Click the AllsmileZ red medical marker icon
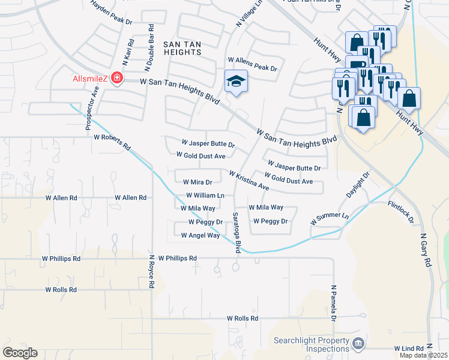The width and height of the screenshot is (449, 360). click(x=115, y=79)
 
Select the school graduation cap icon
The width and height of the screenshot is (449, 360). click(x=236, y=81)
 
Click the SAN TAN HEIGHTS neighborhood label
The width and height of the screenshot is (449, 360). click(x=182, y=48)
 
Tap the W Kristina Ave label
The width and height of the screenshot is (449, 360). click(x=249, y=179)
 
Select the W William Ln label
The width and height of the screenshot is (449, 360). click(x=205, y=195)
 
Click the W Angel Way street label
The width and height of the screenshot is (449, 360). click(x=196, y=235)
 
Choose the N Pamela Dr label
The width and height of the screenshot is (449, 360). click(x=333, y=303)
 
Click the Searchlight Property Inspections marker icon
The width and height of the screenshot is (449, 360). click(x=358, y=343)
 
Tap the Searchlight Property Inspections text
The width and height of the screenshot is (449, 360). click(x=312, y=344)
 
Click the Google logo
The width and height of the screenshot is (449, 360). click(x=20, y=352)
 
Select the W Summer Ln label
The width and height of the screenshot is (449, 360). click(x=330, y=218)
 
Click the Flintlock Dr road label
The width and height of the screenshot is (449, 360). click(x=401, y=212)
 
